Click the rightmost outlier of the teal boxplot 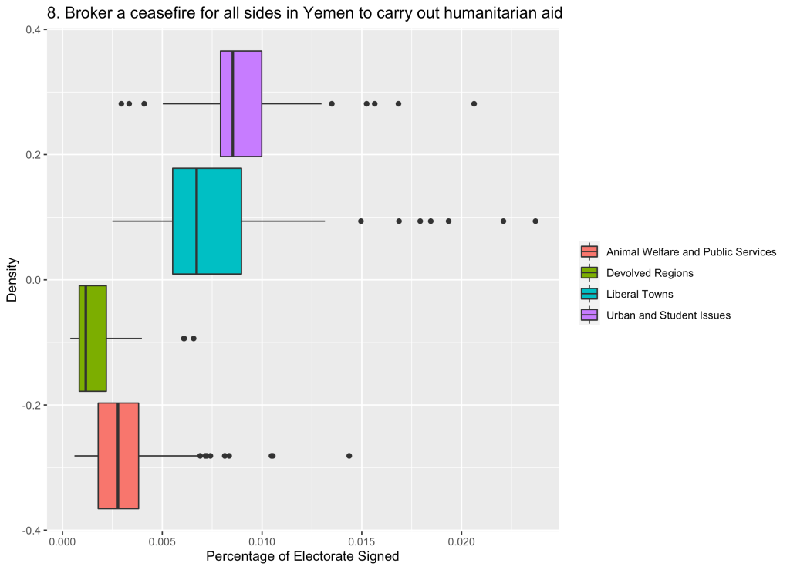(x=535, y=221)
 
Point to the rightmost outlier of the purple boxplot (x=474, y=103)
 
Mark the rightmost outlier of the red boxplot (x=349, y=456)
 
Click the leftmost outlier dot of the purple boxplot (x=121, y=103)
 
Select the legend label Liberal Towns (x=640, y=294)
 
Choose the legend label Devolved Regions (x=650, y=273)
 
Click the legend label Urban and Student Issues (x=668, y=315)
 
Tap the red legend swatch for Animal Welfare (x=589, y=251)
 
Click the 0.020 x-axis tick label (x=461, y=543)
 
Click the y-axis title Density (x=12, y=280)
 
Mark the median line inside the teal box (x=197, y=221)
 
